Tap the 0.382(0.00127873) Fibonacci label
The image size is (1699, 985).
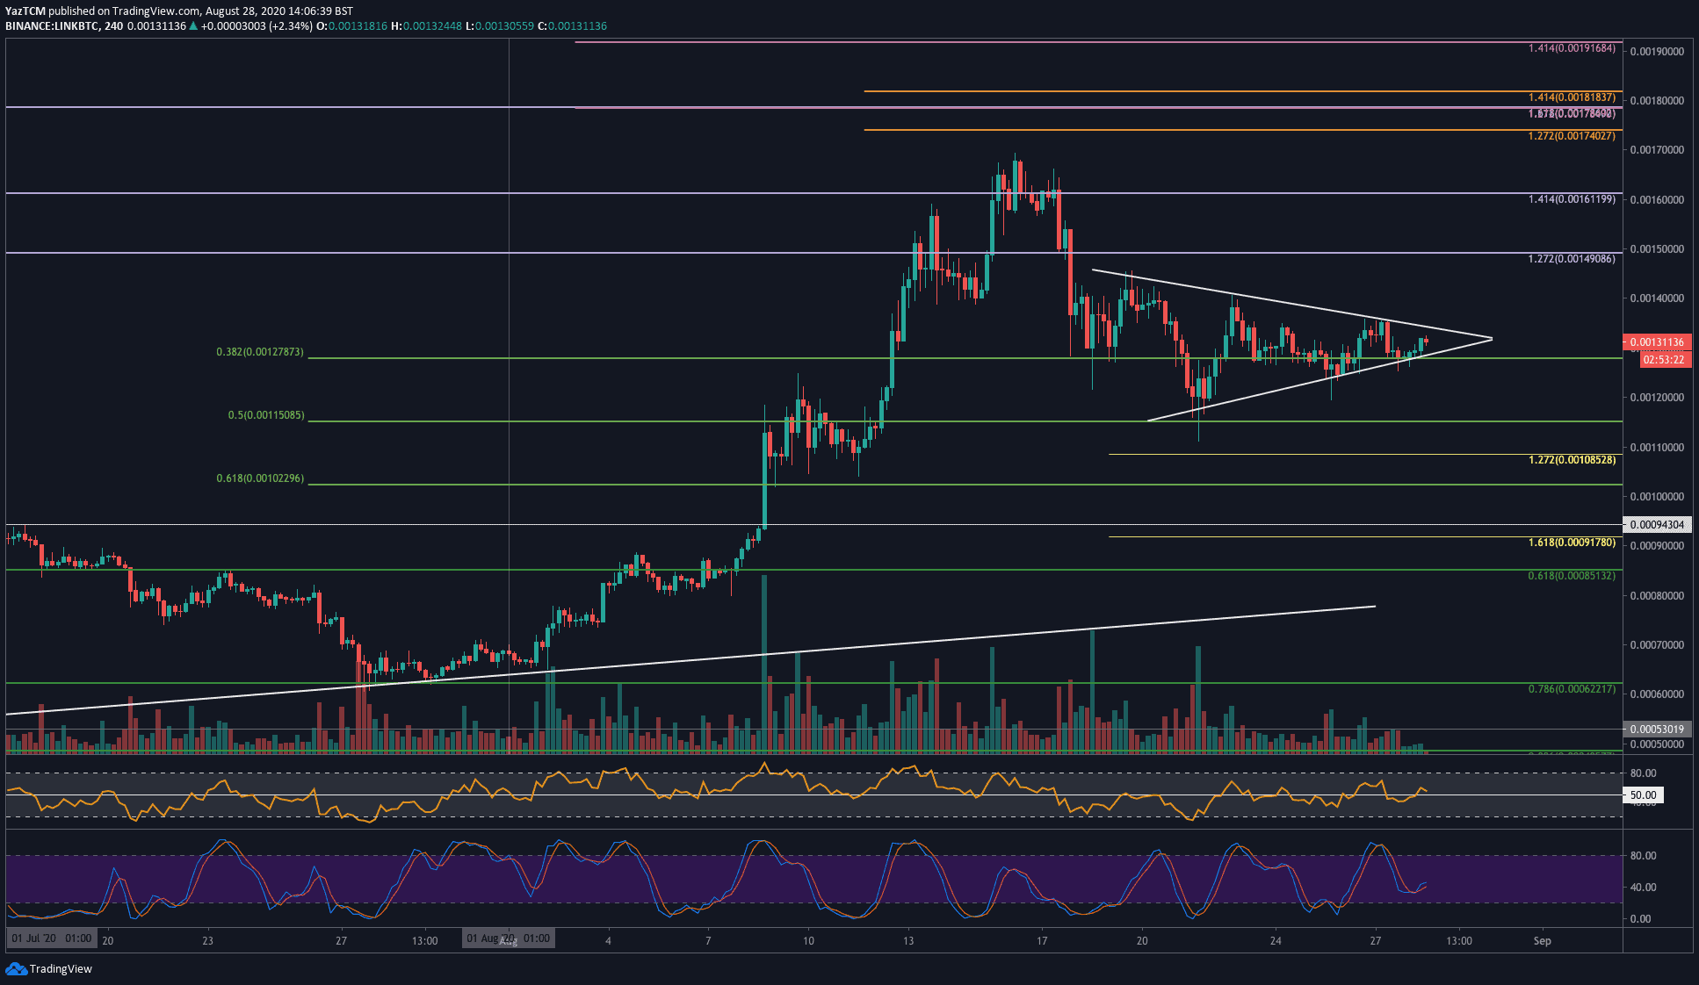[x=260, y=352]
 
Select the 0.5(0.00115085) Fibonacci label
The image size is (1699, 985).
[x=266, y=415]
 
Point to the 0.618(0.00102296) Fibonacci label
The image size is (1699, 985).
[x=260, y=478]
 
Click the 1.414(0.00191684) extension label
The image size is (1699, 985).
[x=1572, y=48]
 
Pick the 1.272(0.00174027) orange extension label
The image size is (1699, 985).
[x=1572, y=136]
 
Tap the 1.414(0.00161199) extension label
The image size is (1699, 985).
[x=1572, y=199]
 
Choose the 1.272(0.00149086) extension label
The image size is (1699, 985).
[x=1572, y=259]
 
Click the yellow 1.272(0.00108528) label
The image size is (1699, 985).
[x=1572, y=460]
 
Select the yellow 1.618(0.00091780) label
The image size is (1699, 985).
[x=1572, y=543]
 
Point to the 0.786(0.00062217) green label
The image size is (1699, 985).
[x=1572, y=689]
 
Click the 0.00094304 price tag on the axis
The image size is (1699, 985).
[x=1657, y=525]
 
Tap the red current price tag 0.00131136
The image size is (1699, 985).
[x=1657, y=342]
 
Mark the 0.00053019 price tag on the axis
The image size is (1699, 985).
[x=1657, y=730]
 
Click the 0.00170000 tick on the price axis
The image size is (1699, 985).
[x=1657, y=150]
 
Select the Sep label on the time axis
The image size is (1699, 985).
[x=1542, y=941]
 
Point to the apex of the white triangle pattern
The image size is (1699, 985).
[x=1492, y=339]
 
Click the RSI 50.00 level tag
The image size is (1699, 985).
[x=1643, y=795]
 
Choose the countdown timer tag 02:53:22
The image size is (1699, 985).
[x=1663, y=360]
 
